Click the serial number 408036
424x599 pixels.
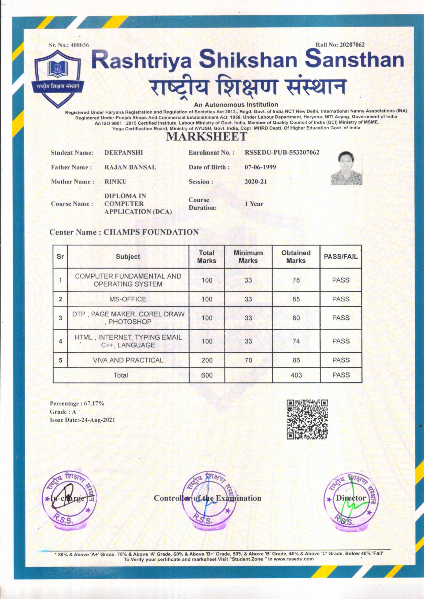80,45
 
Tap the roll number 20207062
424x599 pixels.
352,45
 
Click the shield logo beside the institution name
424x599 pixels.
57,78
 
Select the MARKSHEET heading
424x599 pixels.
206,137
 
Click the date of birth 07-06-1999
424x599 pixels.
260,167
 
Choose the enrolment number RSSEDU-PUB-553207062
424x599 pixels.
282,153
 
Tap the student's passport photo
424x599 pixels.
347,167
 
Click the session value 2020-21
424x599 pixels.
256,182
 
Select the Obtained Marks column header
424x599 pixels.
296,257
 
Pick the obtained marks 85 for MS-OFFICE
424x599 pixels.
296,299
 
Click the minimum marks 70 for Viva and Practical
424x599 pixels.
248,360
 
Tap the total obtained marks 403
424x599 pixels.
296,375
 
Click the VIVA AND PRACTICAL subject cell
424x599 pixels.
128,360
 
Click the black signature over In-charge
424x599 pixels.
65,499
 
